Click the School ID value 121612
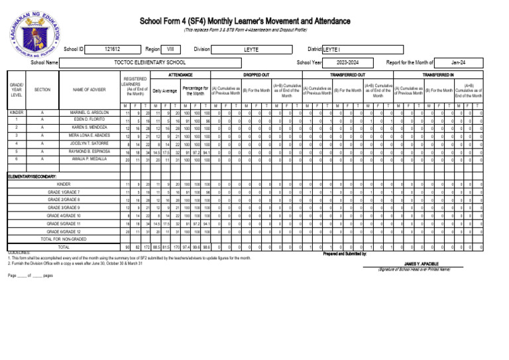point(112,49)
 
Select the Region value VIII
point(170,49)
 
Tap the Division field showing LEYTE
point(251,49)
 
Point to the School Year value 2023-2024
point(347,62)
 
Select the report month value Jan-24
point(458,62)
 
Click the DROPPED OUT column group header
point(256,76)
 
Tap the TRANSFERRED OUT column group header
point(348,76)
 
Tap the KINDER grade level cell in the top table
point(17,113)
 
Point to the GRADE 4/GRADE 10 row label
point(64,215)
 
